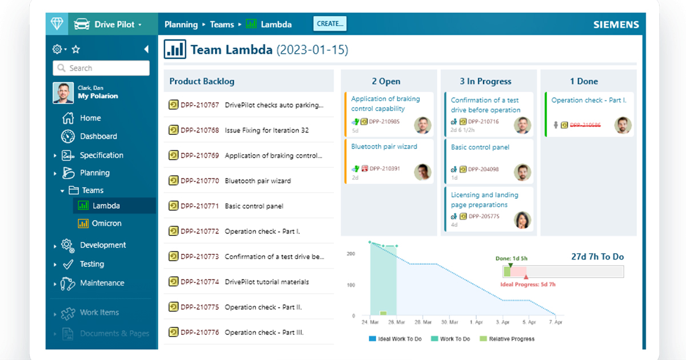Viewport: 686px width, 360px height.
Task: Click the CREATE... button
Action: tap(330, 24)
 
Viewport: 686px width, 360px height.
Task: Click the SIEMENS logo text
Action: tap(616, 25)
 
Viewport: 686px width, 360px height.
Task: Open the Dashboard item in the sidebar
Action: tap(98, 137)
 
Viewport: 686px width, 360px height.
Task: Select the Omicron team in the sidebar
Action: tap(106, 223)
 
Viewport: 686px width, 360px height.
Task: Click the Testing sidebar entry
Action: tap(91, 264)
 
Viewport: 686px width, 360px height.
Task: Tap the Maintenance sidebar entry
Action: tap(101, 283)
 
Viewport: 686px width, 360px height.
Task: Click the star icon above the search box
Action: tap(75, 50)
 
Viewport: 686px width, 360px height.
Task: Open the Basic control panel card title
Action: tap(480, 147)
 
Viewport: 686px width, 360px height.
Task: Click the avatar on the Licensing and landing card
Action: tap(523, 220)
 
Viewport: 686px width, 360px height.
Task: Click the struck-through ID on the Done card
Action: tap(585, 125)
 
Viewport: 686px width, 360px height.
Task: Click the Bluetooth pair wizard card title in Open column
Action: tap(384, 147)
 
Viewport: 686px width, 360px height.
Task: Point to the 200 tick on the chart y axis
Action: tap(350, 254)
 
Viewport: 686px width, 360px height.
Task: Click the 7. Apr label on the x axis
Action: tap(555, 322)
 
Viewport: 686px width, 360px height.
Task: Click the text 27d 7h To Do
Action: tap(597, 257)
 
